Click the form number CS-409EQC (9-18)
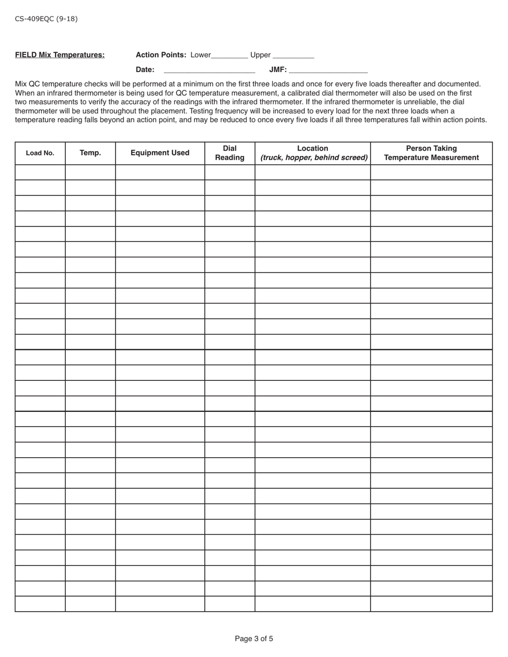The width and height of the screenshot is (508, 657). tap(46, 19)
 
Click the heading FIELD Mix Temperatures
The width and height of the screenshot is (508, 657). tap(60, 55)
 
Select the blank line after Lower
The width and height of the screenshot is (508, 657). tap(230, 56)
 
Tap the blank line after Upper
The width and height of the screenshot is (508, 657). tap(293, 56)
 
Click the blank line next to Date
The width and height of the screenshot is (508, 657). tap(209, 71)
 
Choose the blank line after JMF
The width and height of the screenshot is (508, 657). tap(328, 71)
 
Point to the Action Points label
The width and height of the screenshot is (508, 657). tap(161, 55)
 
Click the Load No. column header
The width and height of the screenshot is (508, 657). tap(40, 153)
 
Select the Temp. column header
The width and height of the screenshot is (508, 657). tap(90, 153)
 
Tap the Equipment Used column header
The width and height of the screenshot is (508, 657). tap(160, 153)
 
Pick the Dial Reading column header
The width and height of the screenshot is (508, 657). tap(229, 153)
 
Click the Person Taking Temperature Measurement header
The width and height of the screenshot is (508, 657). tap(431, 153)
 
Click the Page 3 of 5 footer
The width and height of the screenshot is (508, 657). tap(254, 639)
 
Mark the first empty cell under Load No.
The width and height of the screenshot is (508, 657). tap(40, 173)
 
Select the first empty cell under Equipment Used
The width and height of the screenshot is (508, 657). tap(160, 173)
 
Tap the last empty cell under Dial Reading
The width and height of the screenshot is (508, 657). tap(229, 604)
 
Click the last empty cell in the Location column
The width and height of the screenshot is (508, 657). tap(313, 604)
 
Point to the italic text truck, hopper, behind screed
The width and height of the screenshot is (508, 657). tap(314, 158)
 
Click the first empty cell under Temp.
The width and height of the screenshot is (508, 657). tap(90, 173)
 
